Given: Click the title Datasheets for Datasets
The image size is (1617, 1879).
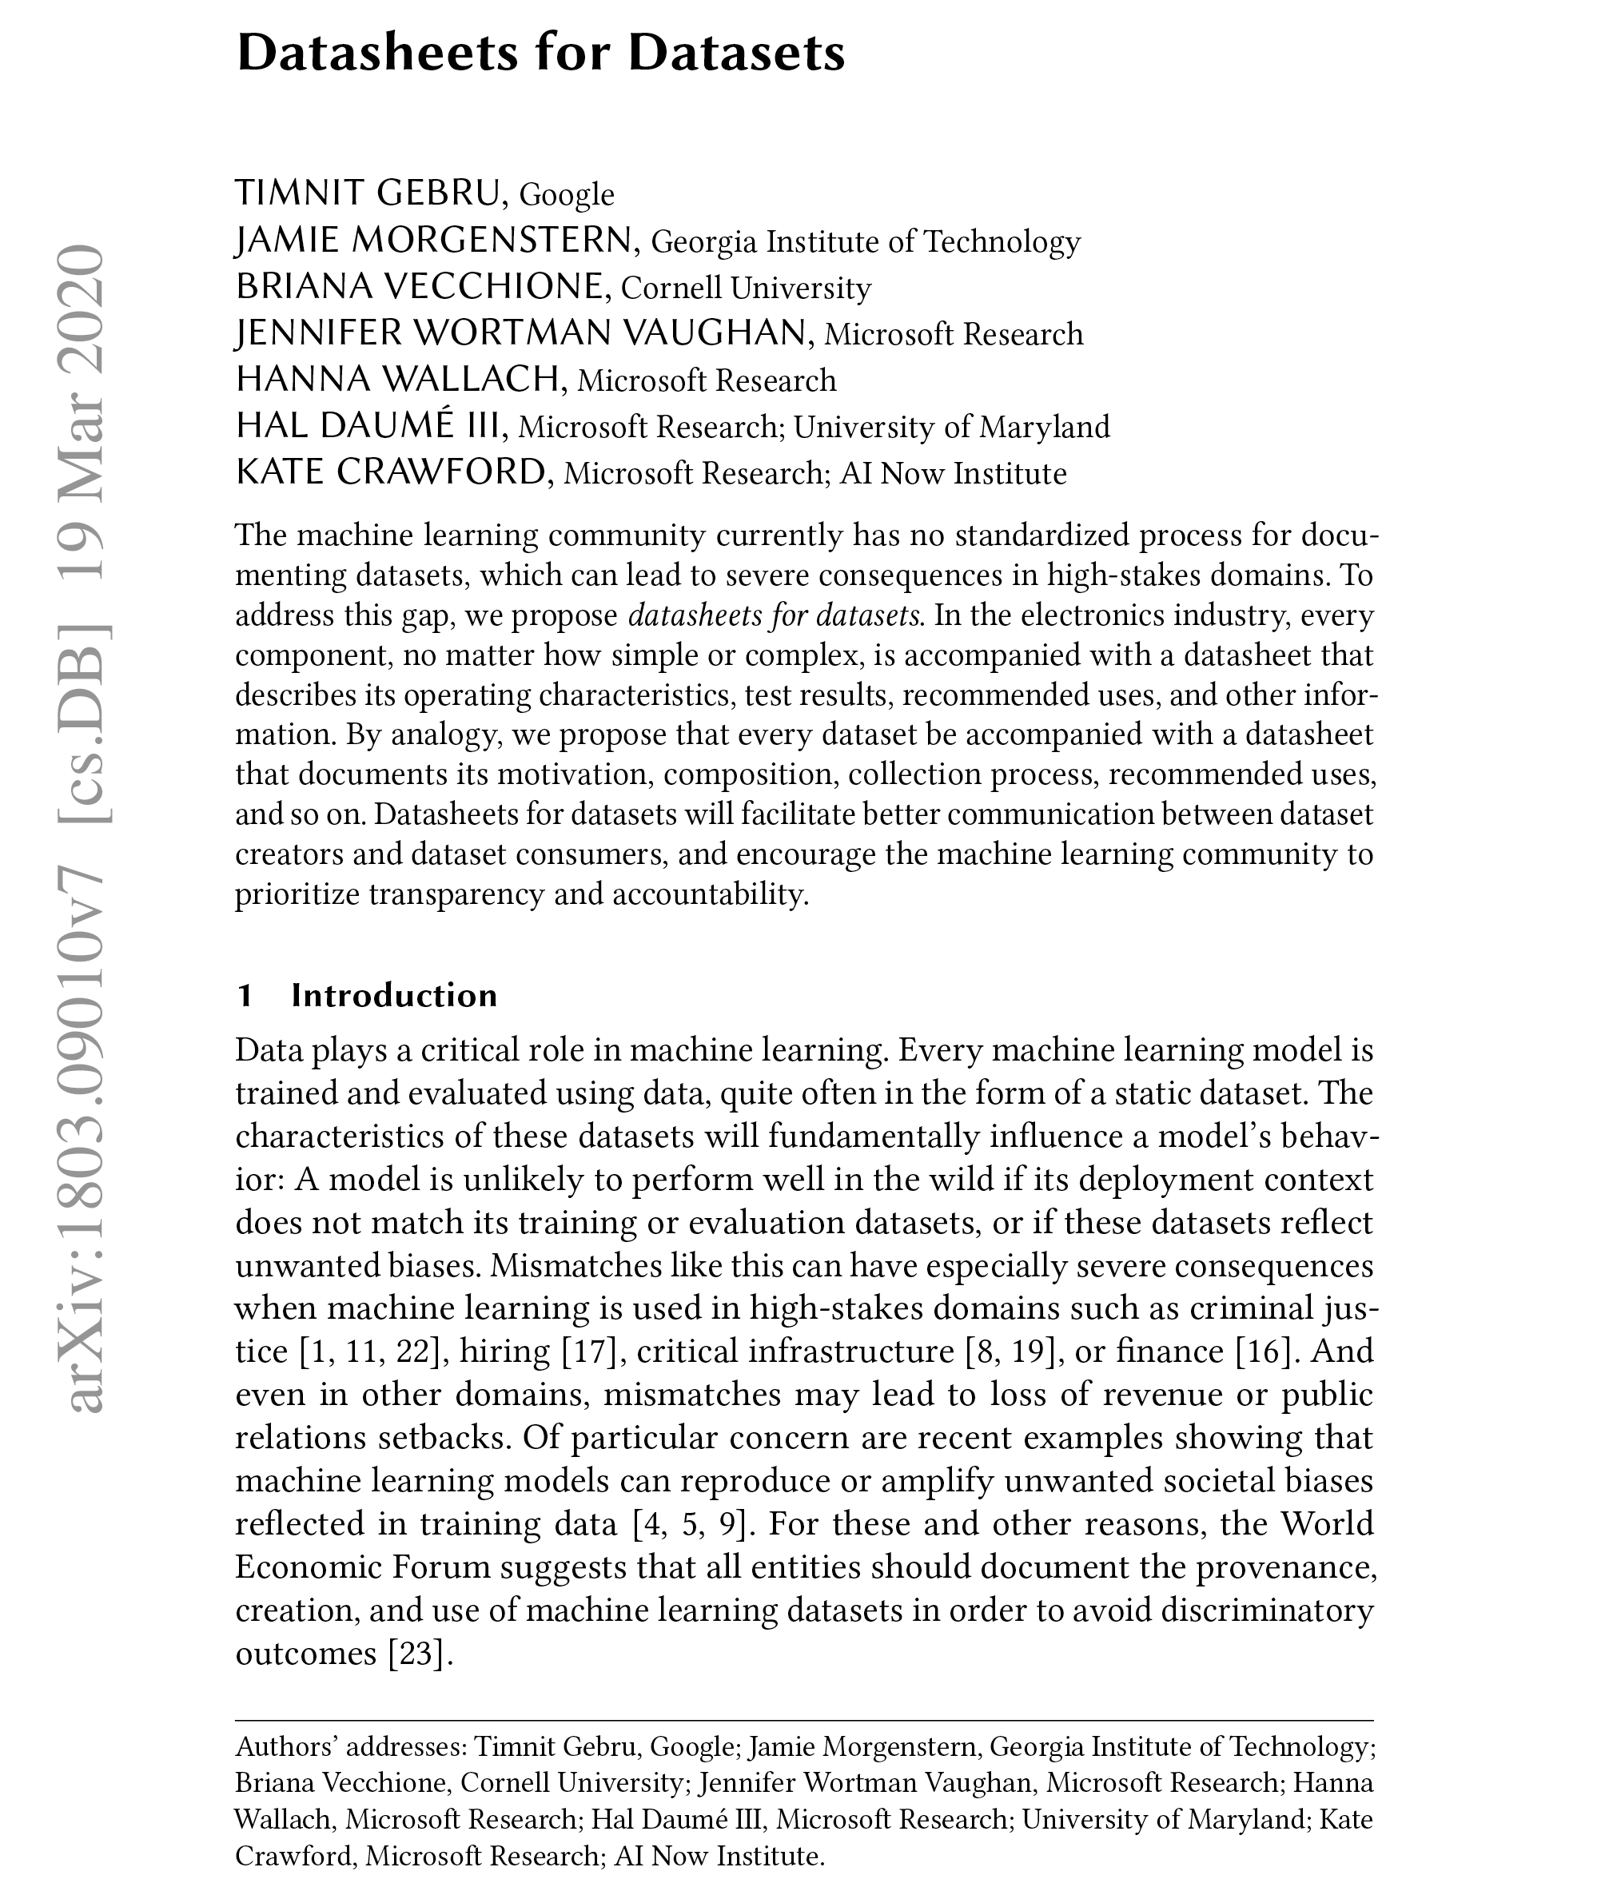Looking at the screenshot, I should coord(540,54).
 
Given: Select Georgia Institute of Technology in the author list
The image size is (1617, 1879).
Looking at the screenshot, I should coord(866,241).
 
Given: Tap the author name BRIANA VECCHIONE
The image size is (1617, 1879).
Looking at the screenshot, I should coord(419,287).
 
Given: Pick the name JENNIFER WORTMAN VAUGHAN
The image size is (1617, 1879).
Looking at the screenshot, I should coord(520,332).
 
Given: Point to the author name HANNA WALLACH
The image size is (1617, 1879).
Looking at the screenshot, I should coord(396,379).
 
